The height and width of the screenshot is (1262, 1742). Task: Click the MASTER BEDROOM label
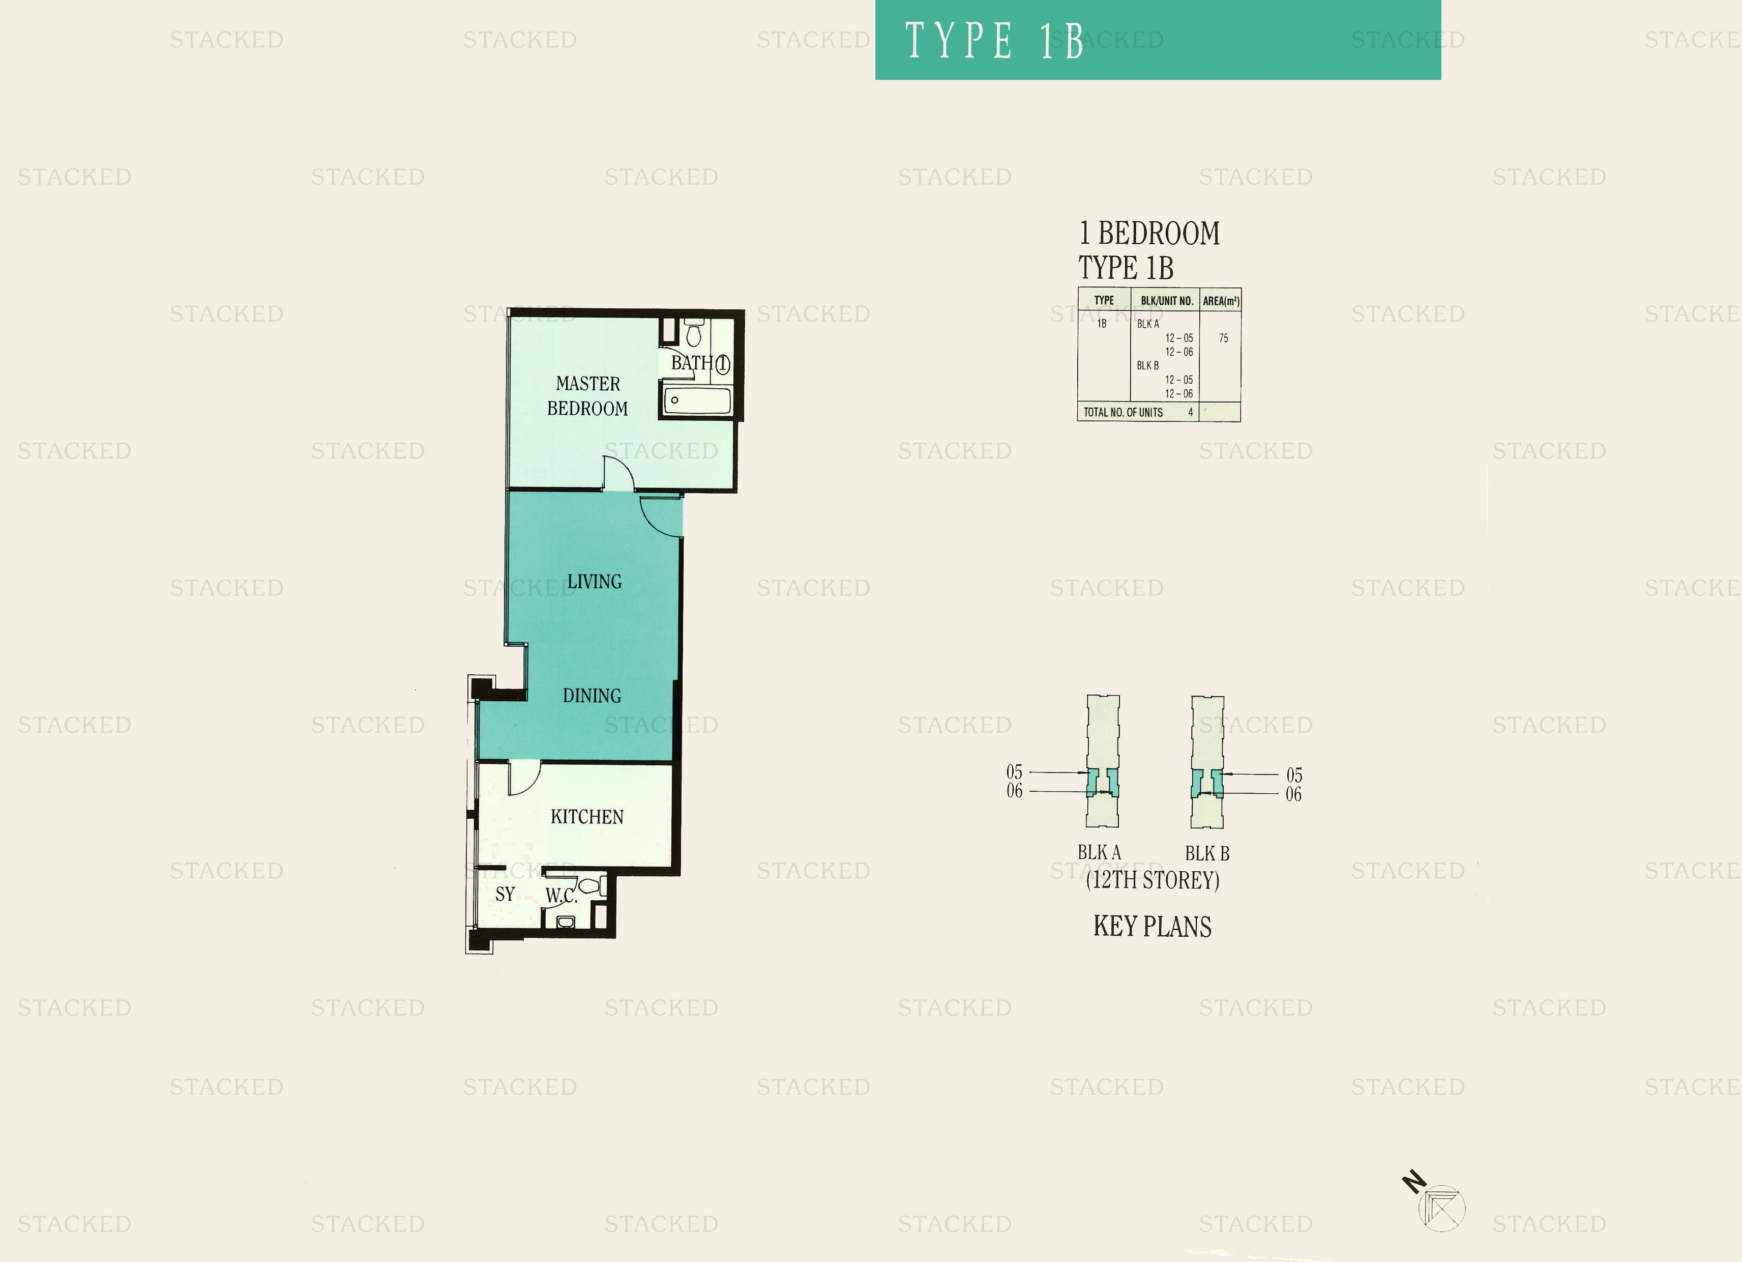pyautogui.click(x=587, y=396)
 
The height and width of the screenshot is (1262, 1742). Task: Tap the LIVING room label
pyautogui.click(x=595, y=582)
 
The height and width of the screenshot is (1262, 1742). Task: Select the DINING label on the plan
pyautogui.click(x=592, y=696)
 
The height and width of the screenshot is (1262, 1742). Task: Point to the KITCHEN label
pyautogui.click(x=587, y=817)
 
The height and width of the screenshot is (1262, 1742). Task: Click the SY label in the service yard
pyautogui.click(x=505, y=894)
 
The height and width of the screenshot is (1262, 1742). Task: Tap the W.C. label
pyautogui.click(x=562, y=896)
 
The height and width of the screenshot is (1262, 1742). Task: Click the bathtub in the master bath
pyautogui.click(x=697, y=401)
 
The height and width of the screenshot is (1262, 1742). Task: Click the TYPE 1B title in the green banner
pyautogui.click(x=995, y=40)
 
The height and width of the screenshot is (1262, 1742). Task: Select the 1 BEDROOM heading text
pyautogui.click(x=1149, y=233)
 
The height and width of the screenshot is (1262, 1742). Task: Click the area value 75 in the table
pyautogui.click(x=1224, y=338)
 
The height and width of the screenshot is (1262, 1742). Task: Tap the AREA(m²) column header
pyautogui.click(x=1221, y=301)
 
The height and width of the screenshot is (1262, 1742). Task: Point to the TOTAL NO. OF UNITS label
pyautogui.click(x=1123, y=413)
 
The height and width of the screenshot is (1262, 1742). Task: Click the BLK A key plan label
pyautogui.click(x=1099, y=852)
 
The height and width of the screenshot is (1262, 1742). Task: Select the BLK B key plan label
pyautogui.click(x=1206, y=853)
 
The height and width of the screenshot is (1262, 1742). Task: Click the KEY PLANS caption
pyautogui.click(x=1152, y=926)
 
